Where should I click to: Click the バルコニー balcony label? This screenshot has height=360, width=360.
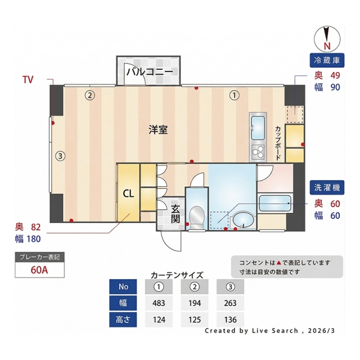[150, 72]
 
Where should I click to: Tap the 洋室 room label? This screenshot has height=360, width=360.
[158, 130]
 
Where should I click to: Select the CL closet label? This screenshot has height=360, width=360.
[128, 193]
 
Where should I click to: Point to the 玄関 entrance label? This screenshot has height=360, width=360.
[175, 214]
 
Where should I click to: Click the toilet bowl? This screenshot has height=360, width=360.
[197, 217]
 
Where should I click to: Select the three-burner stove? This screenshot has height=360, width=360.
[258, 152]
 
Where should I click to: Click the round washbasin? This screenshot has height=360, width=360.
[243, 220]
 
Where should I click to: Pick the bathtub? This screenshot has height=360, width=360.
[275, 202]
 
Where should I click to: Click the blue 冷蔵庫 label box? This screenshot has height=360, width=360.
[327, 60]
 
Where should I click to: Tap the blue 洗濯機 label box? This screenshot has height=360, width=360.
[327, 187]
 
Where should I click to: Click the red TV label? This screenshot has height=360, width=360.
[28, 80]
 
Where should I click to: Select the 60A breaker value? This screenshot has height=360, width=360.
[39, 270]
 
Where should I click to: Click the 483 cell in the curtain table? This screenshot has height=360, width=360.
[159, 303]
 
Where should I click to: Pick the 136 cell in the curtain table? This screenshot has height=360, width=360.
[230, 319]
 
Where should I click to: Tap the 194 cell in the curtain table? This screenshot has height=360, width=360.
[195, 303]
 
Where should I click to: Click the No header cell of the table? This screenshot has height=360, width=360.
[123, 286]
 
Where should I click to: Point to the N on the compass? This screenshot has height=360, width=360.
[327, 46]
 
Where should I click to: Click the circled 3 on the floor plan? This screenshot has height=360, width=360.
[60, 156]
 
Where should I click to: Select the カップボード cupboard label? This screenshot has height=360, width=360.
[278, 143]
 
